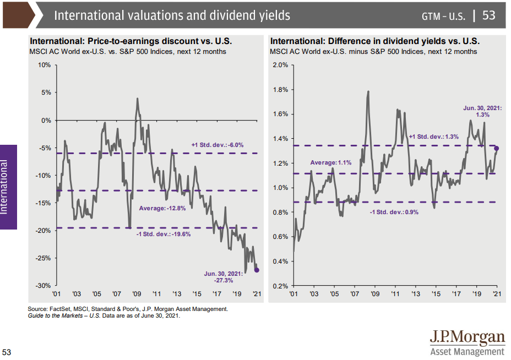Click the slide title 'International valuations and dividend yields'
click(x=172, y=15)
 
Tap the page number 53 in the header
click(x=489, y=15)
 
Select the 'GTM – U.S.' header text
click(x=443, y=16)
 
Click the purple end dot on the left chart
click(x=257, y=270)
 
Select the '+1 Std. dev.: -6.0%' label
click(x=218, y=145)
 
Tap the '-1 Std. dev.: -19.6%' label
click(x=163, y=234)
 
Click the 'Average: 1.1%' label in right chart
click(x=331, y=163)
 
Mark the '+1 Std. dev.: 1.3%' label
click(x=433, y=137)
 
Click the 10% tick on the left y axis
click(x=44, y=65)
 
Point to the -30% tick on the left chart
click(x=43, y=286)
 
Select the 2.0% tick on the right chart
click(x=280, y=65)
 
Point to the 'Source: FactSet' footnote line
click(x=128, y=309)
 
